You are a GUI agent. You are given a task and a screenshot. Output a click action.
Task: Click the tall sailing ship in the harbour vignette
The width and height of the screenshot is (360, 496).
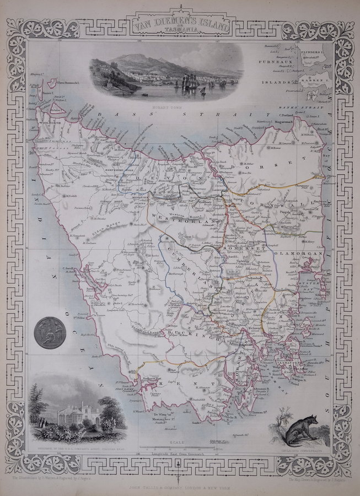point(185,81)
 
